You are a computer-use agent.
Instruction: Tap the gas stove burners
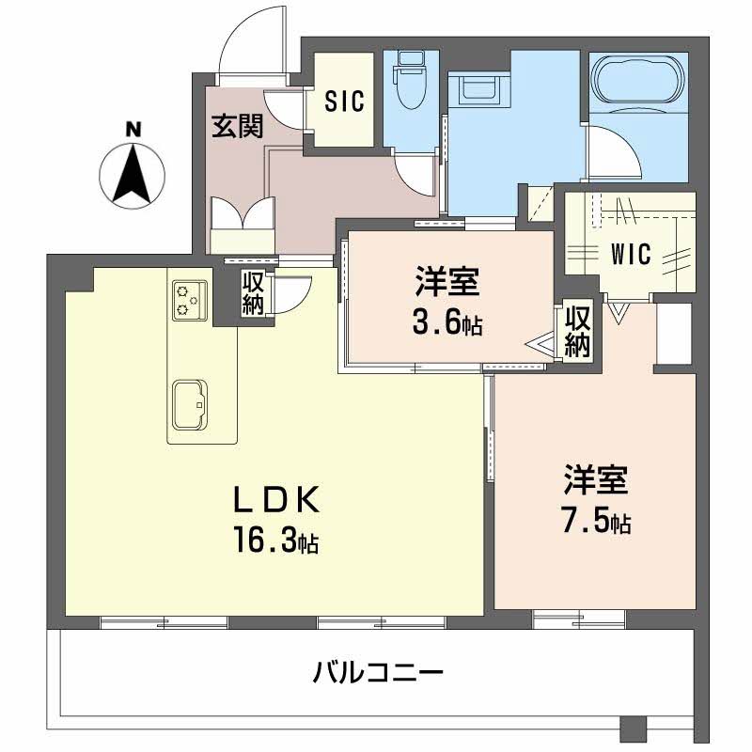click(x=185, y=298)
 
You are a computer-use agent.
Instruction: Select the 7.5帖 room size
click(x=595, y=523)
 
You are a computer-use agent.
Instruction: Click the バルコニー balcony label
click(x=378, y=673)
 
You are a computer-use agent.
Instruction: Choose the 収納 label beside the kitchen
click(x=253, y=294)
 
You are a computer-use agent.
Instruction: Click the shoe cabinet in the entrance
click(x=243, y=226)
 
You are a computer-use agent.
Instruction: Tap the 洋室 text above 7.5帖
click(x=595, y=481)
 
